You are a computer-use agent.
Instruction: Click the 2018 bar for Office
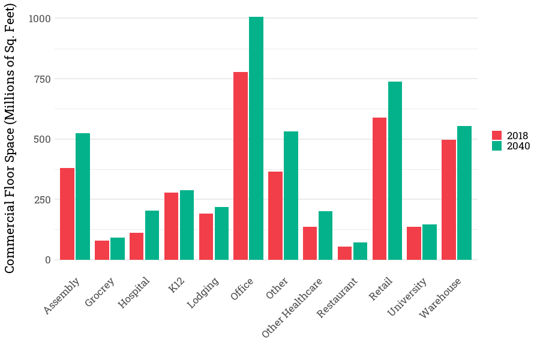click(x=241, y=166)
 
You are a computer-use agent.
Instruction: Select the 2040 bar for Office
click(x=256, y=138)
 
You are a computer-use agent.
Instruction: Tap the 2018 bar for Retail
click(x=379, y=188)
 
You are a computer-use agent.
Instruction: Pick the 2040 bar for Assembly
click(x=83, y=196)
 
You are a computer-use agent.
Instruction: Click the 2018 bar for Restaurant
click(x=345, y=253)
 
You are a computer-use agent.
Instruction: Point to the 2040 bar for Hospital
click(x=152, y=235)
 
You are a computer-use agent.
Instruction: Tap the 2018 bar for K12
click(x=171, y=226)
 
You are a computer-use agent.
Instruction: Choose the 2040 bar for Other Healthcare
click(x=326, y=235)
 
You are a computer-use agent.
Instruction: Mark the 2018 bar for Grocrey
click(x=102, y=250)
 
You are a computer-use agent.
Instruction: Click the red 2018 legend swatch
click(x=497, y=136)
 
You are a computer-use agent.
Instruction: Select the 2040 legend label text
click(x=518, y=146)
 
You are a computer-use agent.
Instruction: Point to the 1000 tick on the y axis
click(x=40, y=19)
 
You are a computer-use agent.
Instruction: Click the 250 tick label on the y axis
click(x=43, y=200)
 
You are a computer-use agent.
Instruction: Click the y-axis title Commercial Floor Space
click(x=10, y=138)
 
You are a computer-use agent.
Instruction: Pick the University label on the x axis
click(x=408, y=296)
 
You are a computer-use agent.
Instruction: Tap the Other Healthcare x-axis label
click(x=293, y=307)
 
